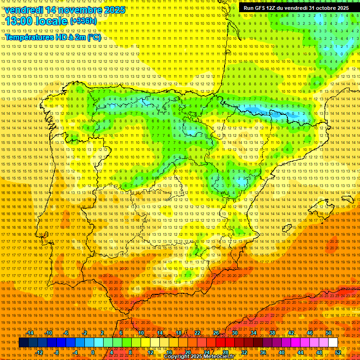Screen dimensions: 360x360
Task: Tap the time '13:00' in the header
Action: [21, 21]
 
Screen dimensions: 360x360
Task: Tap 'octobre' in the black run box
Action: [323, 8]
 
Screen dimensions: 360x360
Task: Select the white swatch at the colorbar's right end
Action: [333, 343]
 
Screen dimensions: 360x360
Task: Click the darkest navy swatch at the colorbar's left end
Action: [24, 343]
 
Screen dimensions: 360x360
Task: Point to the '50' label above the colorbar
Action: [328, 333]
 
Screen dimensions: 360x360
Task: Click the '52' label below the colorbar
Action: [338, 352]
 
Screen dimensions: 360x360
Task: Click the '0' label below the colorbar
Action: [93, 352]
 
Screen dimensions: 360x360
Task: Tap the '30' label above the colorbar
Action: [234, 333]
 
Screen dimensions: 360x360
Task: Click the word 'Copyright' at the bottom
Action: [176, 357]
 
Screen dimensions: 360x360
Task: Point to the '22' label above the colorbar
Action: [197, 333]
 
